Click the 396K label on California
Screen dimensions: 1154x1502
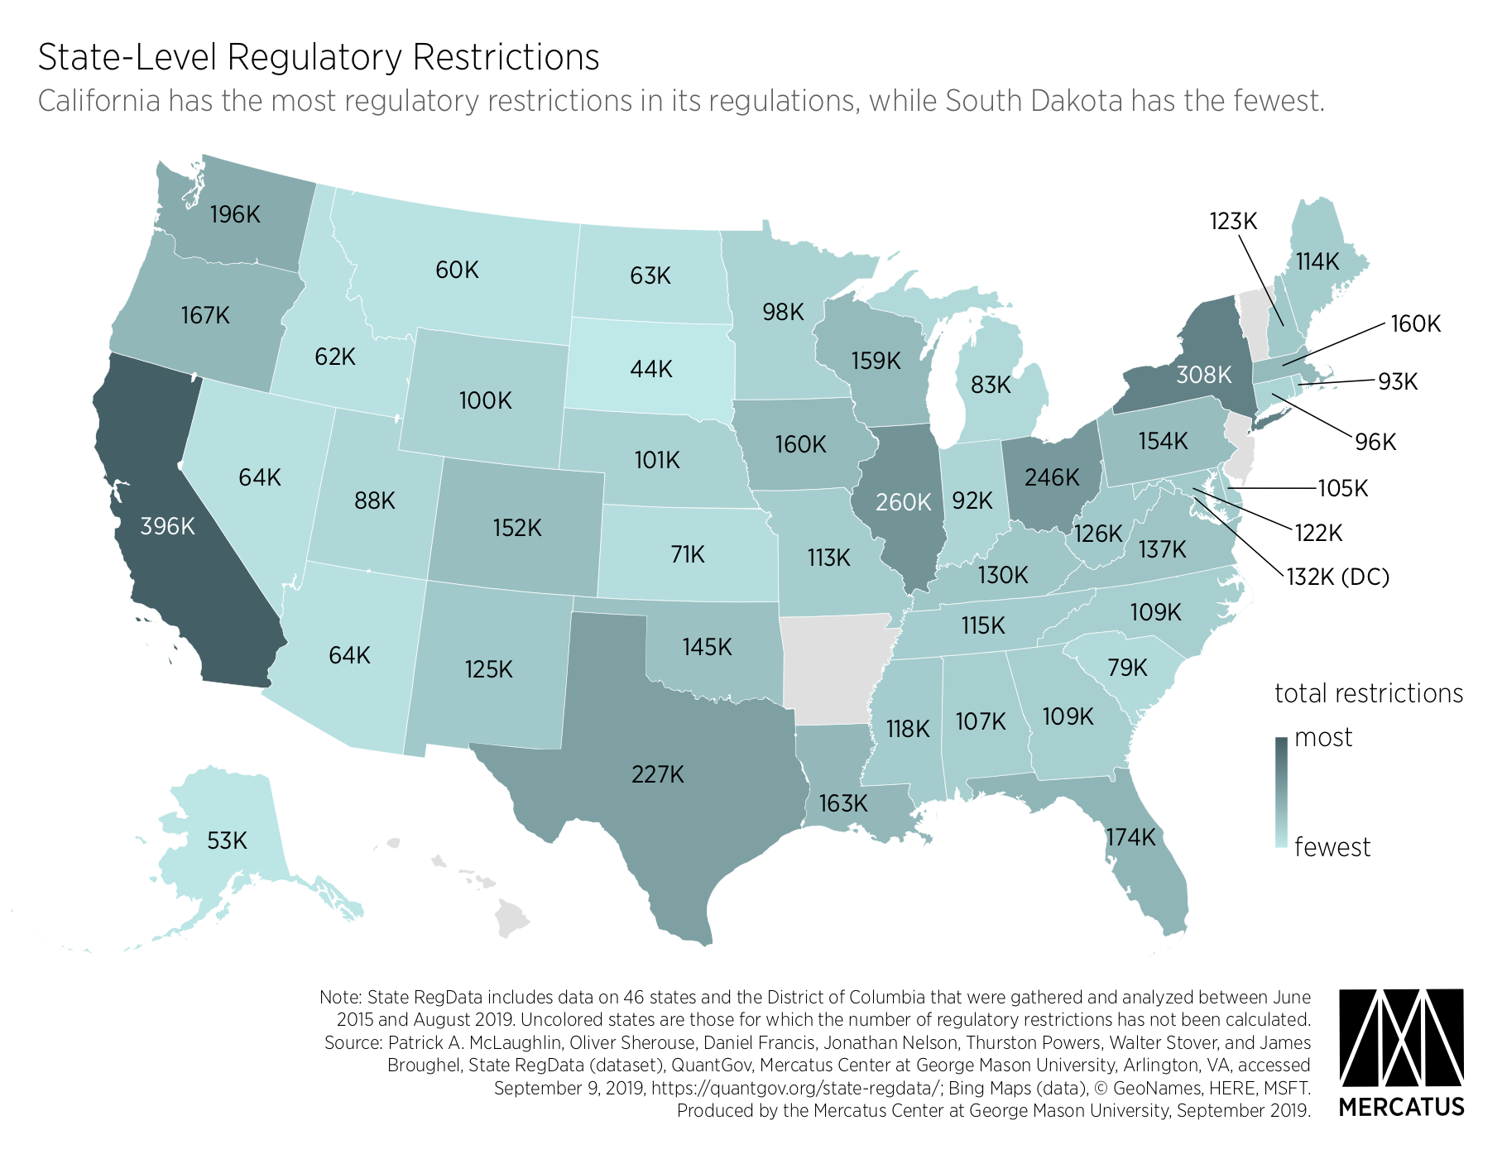point(167,526)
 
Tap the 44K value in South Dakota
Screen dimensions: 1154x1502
point(650,369)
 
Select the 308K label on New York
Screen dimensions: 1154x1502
point(1203,375)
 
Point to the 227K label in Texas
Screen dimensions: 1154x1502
point(658,774)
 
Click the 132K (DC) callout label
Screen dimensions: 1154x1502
point(1337,577)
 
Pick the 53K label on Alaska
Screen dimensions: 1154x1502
point(227,841)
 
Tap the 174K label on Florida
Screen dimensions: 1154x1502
point(1130,837)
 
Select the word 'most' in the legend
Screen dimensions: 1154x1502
point(1323,737)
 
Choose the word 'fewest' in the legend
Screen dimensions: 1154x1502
point(1332,847)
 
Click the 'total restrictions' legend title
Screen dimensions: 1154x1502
point(1369,693)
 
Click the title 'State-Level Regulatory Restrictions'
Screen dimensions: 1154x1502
point(319,57)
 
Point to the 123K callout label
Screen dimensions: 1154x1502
point(1233,222)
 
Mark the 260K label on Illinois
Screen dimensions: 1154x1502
point(904,502)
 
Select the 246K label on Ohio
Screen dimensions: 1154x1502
point(1052,477)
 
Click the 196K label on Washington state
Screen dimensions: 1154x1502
point(235,215)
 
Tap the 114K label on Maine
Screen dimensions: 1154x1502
point(1317,262)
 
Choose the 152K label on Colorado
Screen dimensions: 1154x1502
point(517,528)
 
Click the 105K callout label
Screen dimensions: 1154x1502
point(1343,488)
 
